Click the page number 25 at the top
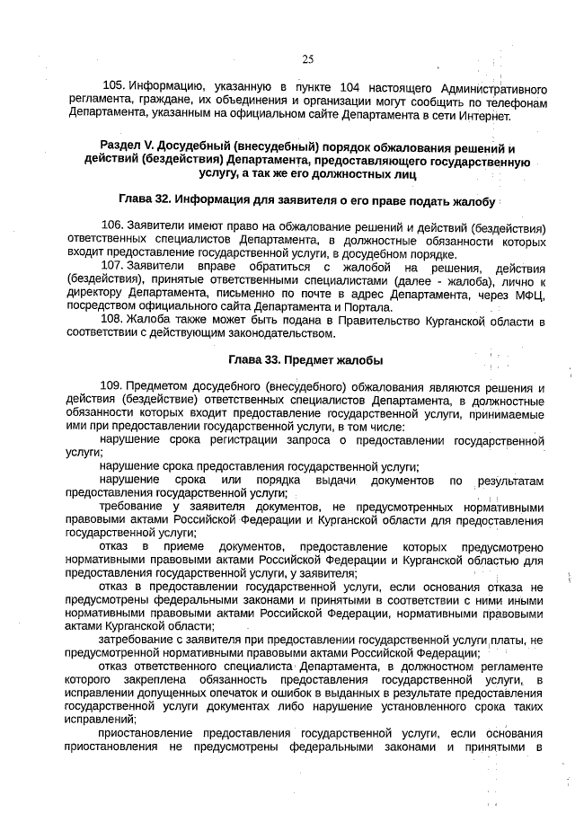coord(307,59)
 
